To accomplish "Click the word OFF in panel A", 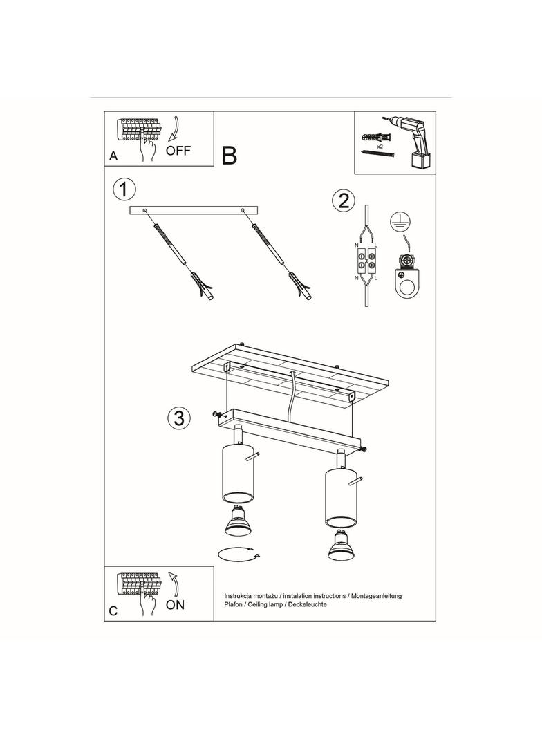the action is (178, 151).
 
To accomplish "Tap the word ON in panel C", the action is (175, 605).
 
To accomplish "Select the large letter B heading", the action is (229, 155).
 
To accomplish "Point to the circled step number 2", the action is (344, 200).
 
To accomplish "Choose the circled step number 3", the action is (179, 418).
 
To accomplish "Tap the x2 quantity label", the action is (380, 147).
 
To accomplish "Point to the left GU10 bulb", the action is (237, 521).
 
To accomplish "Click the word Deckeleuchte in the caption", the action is (308, 604).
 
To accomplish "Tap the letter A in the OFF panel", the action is (113, 156).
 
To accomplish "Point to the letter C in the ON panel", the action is (113, 610).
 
